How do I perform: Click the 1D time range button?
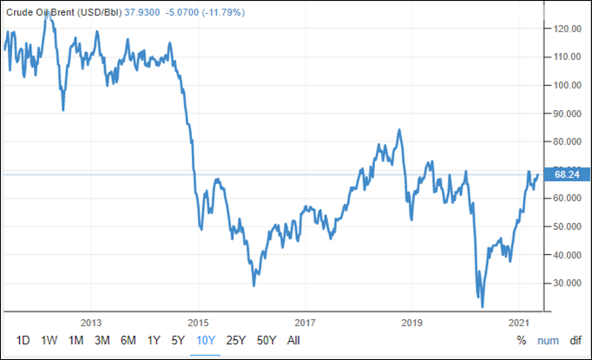point(23,340)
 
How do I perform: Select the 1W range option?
point(49,340)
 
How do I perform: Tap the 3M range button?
point(102,340)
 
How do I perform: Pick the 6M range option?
point(128,340)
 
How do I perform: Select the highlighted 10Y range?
point(206,340)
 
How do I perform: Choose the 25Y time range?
point(235,340)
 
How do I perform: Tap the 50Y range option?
point(266,340)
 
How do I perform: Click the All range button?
point(293,340)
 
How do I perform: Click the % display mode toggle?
point(521,340)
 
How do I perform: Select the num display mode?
point(548,340)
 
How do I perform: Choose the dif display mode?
point(576,340)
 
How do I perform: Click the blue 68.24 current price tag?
point(566,174)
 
